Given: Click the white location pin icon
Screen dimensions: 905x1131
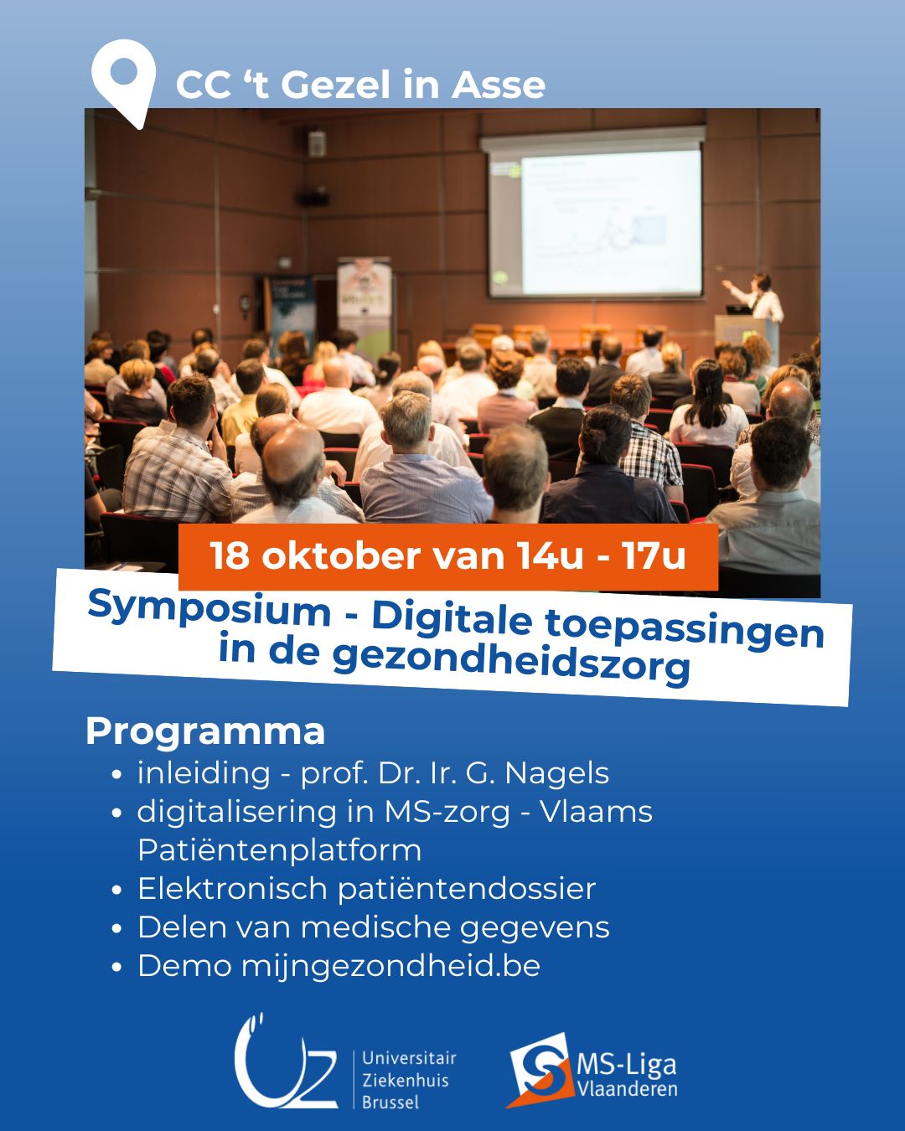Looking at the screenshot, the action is tap(123, 79).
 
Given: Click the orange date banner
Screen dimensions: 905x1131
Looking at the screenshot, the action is tap(448, 557).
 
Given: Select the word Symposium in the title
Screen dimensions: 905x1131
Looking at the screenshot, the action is tap(209, 610).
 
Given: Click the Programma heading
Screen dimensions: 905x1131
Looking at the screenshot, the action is tap(205, 731).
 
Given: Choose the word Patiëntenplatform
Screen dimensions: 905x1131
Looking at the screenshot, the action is tap(279, 850).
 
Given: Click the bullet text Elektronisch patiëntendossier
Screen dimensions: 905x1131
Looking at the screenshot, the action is tap(366, 889).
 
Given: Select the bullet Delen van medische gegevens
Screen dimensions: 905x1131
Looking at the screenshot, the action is tap(374, 927).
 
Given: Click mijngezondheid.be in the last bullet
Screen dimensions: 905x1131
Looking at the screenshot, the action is tap(390, 967).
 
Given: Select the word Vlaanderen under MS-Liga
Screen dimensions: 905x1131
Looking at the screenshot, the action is tap(628, 1089).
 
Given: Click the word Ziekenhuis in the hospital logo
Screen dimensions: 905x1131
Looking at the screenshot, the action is tap(406, 1081).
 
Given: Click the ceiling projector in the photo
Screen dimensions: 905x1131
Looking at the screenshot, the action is tap(313, 199).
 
